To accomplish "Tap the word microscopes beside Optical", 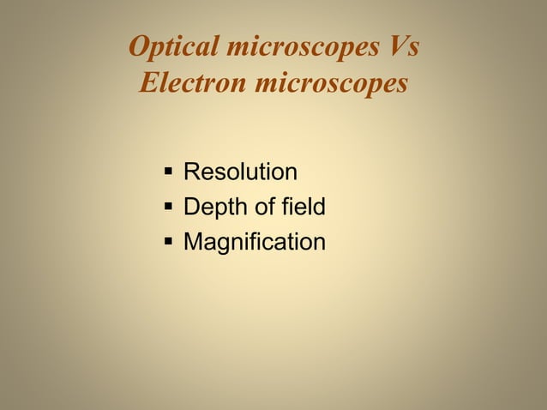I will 298,48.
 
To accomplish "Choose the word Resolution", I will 241,172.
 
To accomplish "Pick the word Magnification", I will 255,243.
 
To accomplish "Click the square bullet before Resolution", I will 168,172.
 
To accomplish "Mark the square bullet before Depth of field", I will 168,208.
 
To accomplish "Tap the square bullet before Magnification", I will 168,243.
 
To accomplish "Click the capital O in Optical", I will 139,48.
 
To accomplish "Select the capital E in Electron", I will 148,86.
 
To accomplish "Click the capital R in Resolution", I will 192,172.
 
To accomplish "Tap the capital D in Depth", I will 192,208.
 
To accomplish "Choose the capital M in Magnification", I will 194,243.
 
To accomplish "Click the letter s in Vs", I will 412,50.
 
